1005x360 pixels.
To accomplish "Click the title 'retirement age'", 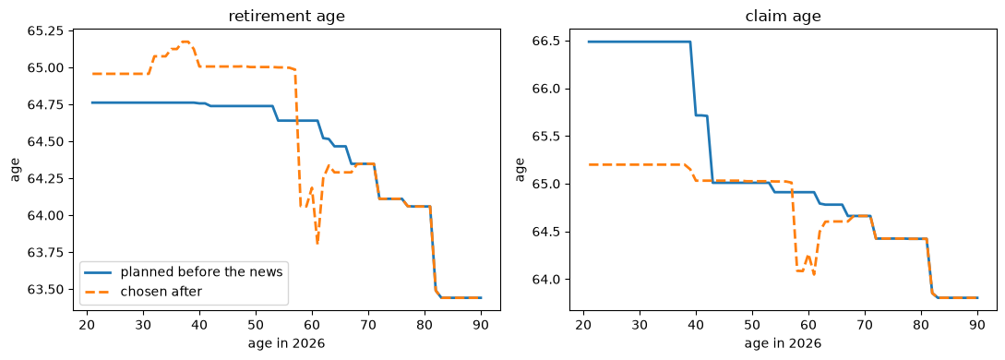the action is click(x=286, y=17).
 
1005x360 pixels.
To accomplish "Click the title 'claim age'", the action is click(x=783, y=17).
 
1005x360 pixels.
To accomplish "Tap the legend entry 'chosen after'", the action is click(x=161, y=292).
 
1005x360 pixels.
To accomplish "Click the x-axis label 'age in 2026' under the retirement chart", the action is click(x=286, y=343).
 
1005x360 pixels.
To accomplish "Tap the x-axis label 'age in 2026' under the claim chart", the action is click(x=783, y=343).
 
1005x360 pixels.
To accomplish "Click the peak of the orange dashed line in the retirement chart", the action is click(x=185, y=42).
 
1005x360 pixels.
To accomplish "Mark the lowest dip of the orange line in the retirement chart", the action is click(x=317, y=244).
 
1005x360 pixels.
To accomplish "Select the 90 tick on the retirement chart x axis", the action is click(x=481, y=325).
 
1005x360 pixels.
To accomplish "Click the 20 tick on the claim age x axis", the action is click(x=583, y=325).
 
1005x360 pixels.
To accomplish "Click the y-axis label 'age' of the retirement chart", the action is click(x=17, y=170).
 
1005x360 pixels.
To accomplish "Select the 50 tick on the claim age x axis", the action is click(x=752, y=325).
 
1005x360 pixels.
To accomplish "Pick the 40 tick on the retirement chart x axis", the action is click(x=199, y=325).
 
